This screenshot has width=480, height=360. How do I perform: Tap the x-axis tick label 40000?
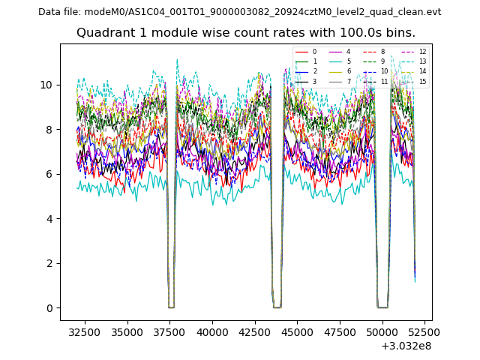(x=211, y=331)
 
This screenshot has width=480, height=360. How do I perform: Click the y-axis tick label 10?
(x=46, y=85)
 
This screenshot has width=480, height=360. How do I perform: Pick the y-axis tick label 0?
(x=49, y=308)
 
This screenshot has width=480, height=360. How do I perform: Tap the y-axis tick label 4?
(x=49, y=219)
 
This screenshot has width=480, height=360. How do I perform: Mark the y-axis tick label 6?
(x=49, y=174)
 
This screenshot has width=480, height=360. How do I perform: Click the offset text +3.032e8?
(x=406, y=346)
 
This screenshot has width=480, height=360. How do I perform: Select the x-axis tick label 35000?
(x=127, y=331)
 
